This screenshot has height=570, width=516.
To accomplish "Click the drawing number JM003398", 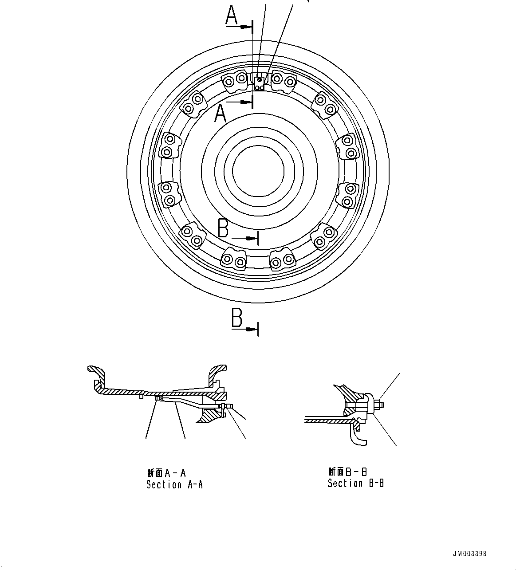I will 469,554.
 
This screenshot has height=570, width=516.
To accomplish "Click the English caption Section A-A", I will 174,485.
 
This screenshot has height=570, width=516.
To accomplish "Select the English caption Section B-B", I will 355,484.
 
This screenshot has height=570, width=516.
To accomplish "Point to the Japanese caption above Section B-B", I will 348,472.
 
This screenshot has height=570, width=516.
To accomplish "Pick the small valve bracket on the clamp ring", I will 259,82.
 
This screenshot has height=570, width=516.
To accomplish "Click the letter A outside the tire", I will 232,16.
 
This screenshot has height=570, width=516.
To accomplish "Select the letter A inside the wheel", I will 221,113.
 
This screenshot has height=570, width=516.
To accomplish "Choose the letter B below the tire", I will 237,318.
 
